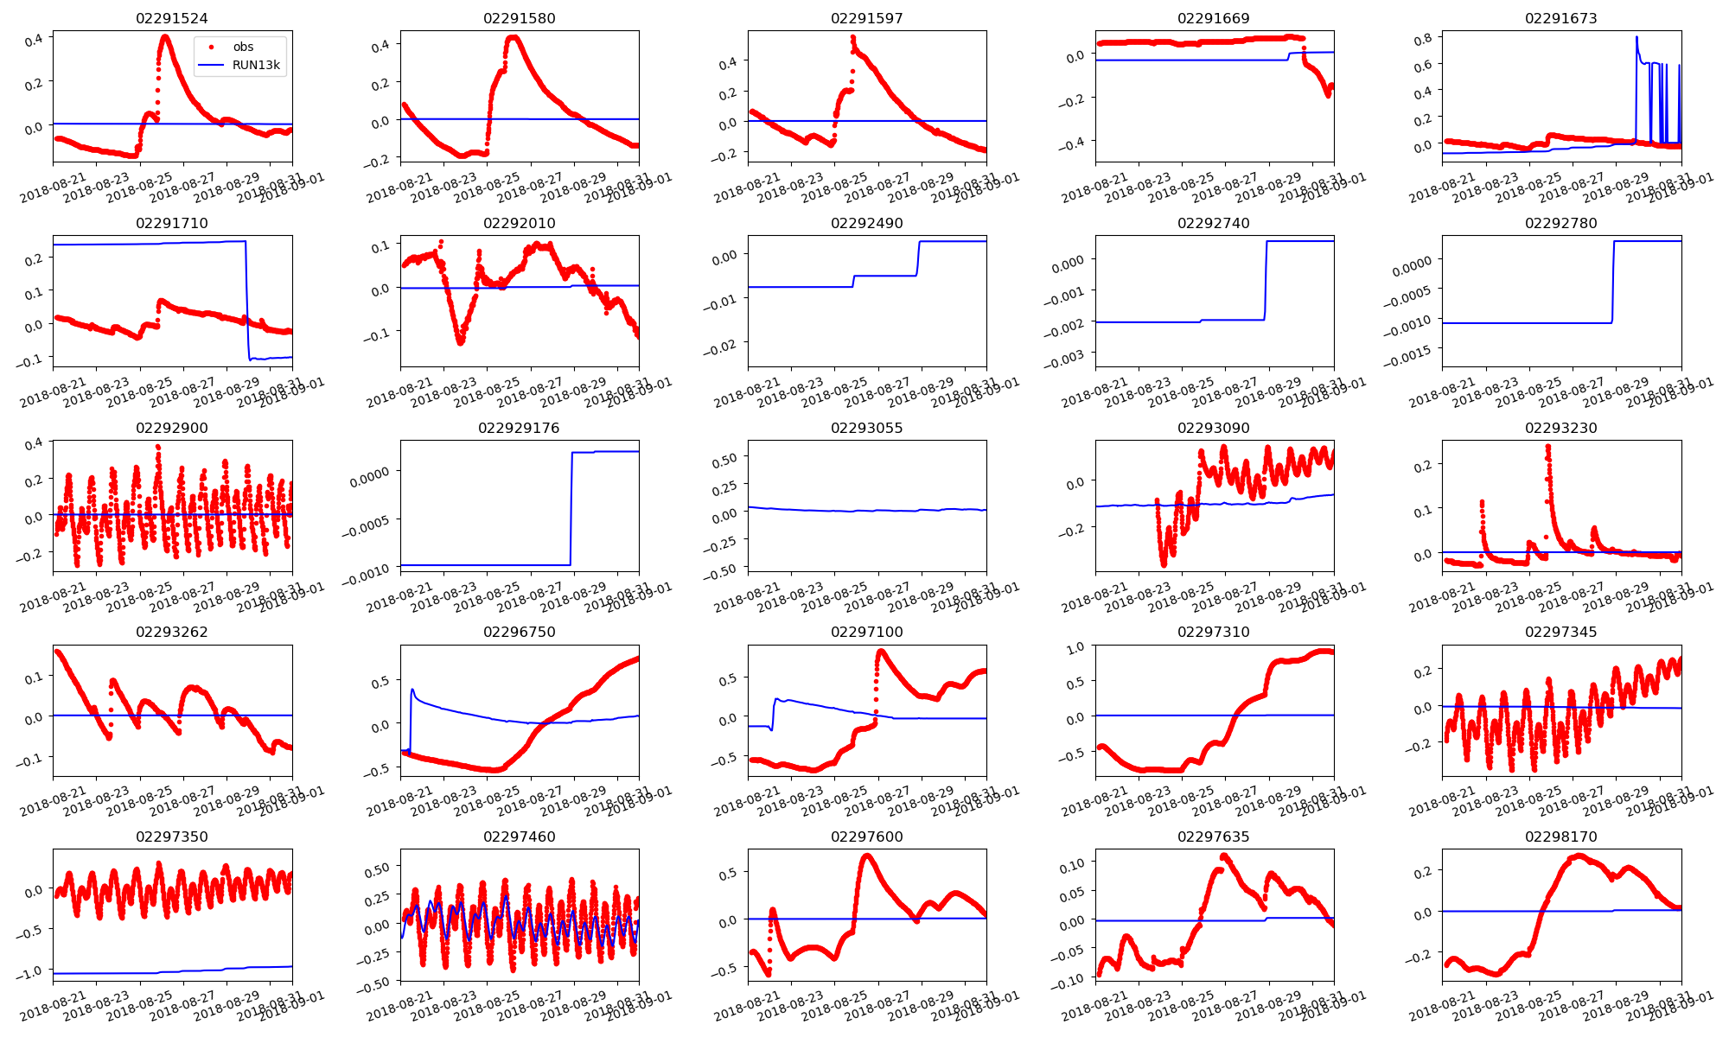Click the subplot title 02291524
point(172,18)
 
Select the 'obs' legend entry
point(243,47)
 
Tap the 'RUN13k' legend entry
point(255,65)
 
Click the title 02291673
point(1560,18)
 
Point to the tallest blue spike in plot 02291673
point(1636,37)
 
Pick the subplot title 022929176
point(519,428)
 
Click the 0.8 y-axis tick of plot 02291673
point(1420,38)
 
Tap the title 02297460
point(519,837)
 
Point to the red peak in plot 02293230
point(1547,447)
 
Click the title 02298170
point(1560,837)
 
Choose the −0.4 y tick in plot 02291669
point(1071,142)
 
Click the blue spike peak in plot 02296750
point(412,690)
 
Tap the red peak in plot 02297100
point(881,651)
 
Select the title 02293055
point(866,428)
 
